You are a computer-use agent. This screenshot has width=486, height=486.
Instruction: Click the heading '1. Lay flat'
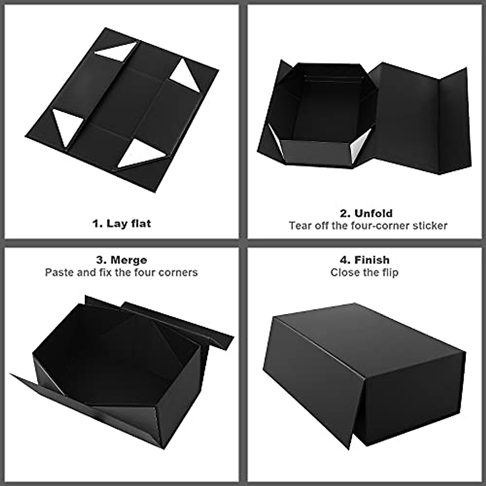tap(122, 223)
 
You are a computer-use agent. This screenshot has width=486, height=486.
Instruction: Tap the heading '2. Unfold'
tap(366, 213)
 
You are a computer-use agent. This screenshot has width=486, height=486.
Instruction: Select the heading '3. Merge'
tap(122, 260)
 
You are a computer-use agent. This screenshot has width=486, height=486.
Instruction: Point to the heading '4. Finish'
tap(364, 260)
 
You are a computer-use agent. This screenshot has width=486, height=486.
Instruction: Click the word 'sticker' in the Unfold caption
tap(430, 226)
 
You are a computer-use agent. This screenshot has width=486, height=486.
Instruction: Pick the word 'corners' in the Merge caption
tap(178, 272)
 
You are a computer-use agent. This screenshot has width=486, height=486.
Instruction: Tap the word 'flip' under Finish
tap(389, 273)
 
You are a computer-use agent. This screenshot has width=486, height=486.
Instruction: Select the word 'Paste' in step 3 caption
tap(59, 272)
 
